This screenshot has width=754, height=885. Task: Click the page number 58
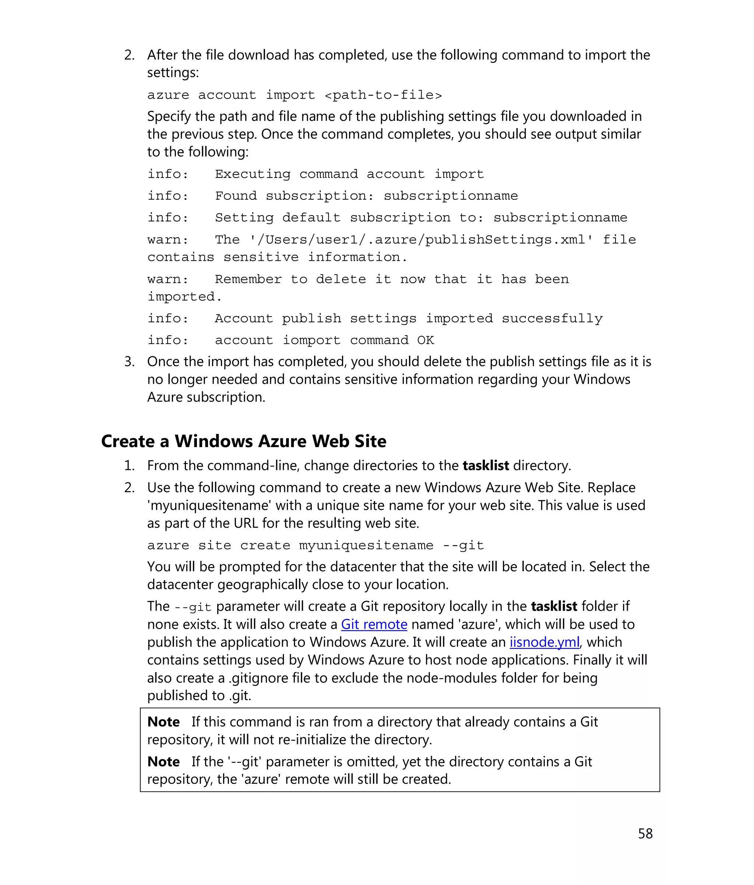coord(645,833)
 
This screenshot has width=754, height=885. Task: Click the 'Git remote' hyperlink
coord(374,625)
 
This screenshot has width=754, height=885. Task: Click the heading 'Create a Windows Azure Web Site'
coord(243,441)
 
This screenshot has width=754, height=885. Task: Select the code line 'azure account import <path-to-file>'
coord(294,95)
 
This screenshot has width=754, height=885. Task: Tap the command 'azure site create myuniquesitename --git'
coord(315,545)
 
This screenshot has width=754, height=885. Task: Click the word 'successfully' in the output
coord(552,318)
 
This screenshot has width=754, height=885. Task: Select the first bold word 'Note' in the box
coord(163,722)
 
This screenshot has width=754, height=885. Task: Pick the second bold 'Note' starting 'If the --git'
coord(163,762)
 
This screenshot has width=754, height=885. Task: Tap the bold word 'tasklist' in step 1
coord(486,466)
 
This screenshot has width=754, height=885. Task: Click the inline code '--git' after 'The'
coord(193,607)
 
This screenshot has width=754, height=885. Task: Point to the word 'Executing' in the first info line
coord(252,174)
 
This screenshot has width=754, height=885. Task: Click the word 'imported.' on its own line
coord(184,296)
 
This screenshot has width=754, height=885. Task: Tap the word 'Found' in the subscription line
coord(235,196)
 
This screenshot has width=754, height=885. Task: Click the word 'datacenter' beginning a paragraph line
coord(181,584)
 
